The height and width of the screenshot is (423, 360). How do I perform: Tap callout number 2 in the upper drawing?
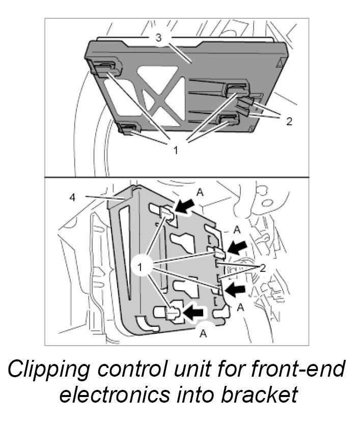coord(289,122)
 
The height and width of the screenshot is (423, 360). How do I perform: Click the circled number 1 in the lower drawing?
coord(144,265)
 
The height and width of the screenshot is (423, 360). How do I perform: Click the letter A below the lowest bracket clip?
coord(203,333)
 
